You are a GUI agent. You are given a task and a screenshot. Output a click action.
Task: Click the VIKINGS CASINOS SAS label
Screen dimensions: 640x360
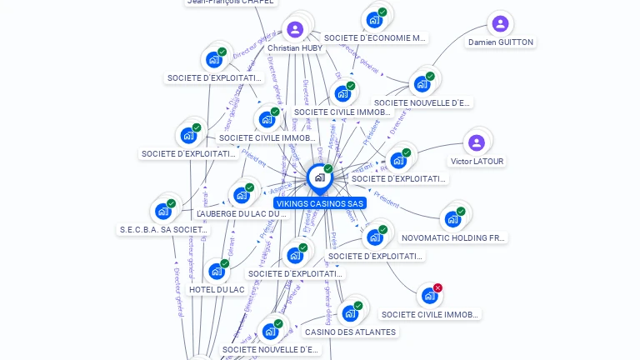320,203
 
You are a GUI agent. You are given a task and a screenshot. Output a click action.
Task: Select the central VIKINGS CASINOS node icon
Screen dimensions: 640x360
319,177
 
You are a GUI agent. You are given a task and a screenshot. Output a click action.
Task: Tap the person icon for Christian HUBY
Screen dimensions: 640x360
294,30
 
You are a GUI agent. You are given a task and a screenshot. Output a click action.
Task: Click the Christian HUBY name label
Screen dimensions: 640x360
295,48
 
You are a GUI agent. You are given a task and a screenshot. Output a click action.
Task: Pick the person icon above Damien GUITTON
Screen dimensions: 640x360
499,23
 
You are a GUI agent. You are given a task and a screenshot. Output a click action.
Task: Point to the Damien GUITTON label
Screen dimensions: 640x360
500,42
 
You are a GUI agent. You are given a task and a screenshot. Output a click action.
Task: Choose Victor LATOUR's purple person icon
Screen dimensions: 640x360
477,142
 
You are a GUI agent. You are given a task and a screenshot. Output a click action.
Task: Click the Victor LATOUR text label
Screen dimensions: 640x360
477,162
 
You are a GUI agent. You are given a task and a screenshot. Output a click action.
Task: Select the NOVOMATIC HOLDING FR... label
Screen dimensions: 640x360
453,238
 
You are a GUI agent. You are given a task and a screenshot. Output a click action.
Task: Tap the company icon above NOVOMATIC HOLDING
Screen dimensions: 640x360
452,219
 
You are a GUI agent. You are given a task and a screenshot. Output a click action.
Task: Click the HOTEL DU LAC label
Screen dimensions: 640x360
217,290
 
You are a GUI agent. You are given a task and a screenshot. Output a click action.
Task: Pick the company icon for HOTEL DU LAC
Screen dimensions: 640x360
216,271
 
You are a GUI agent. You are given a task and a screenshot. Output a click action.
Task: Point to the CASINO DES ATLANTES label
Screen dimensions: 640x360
350,332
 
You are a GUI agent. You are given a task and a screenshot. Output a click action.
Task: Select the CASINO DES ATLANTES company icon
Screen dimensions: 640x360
349,313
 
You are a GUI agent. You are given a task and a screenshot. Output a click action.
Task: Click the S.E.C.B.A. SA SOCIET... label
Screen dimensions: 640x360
163,230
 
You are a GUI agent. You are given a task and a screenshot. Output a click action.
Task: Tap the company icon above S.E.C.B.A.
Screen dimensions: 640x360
162,211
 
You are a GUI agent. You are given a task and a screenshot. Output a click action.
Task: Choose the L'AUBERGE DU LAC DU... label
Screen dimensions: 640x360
242,214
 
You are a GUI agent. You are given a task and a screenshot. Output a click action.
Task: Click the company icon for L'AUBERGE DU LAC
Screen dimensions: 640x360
242,195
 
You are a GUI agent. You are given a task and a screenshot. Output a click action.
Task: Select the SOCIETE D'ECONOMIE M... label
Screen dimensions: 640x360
375,37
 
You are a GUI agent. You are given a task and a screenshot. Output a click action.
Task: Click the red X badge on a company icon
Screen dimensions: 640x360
437,288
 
